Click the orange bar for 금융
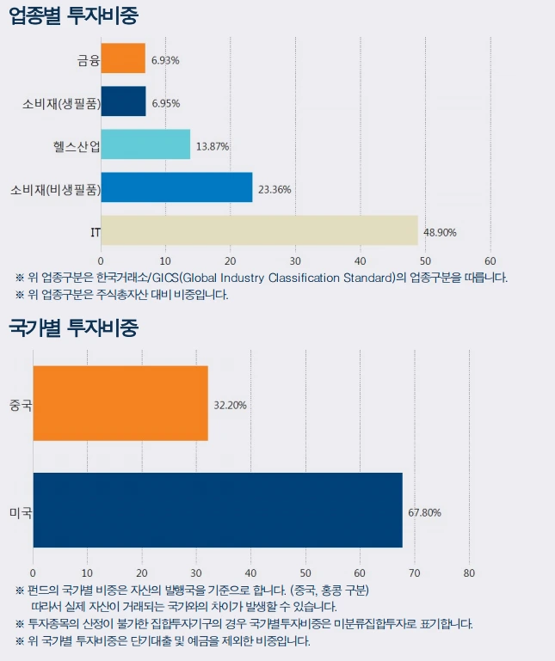pyautogui.click(x=123, y=58)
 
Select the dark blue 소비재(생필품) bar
pyautogui.click(x=123, y=101)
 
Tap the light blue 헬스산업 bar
pyautogui.click(x=145, y=144)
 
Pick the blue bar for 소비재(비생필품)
pyautogui.click(x=176, y=187)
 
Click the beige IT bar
pyautogui.click(x=259, y=230)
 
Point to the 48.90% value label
pyautogui.click(x=441, y=232)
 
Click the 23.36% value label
pyautogui.click(x=274, y=189)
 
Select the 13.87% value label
pyautogui.click(x=213, y=146)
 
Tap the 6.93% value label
pyautogui.click(x=165, y=60)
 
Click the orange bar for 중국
pyautogui.click(x=120, y=403)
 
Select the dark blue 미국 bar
pyautogui.click(x=218, y=510)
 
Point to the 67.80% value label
pyautogui.click(x=424, y=512)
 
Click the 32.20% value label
pyautogui.click(x=230, y=405)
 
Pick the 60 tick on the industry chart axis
pyautogui.click(x=490, y=260)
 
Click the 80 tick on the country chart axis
pyautogui.click(x=469, y=573)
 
